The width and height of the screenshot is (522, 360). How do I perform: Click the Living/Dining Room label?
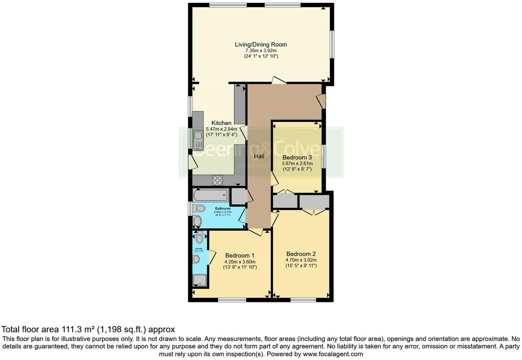coord(261,44)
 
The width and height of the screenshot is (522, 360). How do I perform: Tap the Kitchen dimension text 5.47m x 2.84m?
coord(222,129)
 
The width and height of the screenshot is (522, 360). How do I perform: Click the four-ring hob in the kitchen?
coord(217,180)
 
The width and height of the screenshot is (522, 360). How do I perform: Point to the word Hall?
coord(259,156)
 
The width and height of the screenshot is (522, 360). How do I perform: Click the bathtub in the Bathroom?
coord(211,195)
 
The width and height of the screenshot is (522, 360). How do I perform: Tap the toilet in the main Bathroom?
coord(199,208)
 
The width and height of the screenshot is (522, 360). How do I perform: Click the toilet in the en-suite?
coord(199,238)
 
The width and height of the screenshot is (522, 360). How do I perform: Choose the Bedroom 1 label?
coord(240,256)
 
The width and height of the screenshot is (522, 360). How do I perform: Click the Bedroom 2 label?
coord(301,254)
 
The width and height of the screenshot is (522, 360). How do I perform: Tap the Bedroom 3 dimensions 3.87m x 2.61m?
coord(297,164)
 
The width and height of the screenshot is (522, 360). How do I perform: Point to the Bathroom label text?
coord(223,209)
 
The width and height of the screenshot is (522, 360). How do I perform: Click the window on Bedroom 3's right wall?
coord(323,157)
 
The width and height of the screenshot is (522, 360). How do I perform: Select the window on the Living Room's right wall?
coord(332,45)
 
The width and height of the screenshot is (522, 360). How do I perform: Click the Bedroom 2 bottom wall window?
coord(303,300)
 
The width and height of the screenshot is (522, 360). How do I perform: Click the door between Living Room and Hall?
coord(279,81)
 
